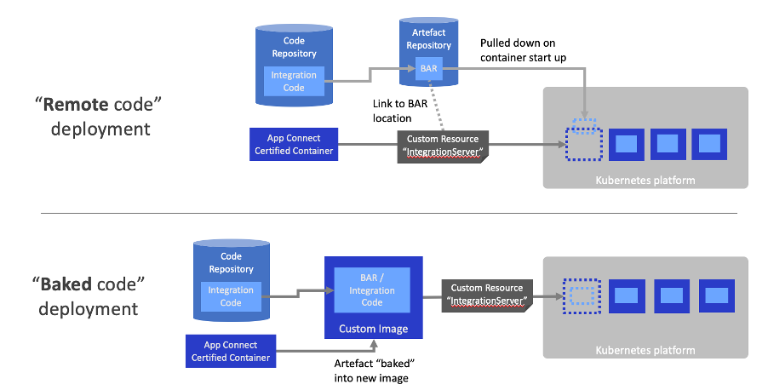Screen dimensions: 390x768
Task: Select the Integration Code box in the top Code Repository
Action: coord(294,81)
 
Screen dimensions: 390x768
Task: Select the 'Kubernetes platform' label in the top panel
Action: coord(645,180)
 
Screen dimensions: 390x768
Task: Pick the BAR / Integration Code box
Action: coord(371,290)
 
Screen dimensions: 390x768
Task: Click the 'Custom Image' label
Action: coord(373,329)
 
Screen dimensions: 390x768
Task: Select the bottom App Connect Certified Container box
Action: coord(232,351)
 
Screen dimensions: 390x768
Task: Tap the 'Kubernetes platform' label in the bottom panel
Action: coord(645,349)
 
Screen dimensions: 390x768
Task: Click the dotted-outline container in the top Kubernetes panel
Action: coord(583,144)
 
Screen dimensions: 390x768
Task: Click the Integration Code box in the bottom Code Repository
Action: coord(231,295)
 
